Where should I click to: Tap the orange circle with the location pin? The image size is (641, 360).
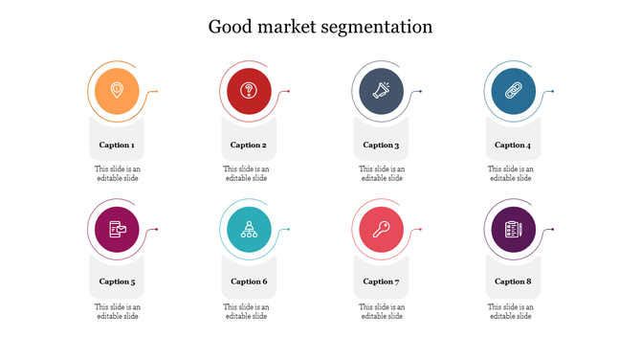coord(117,92)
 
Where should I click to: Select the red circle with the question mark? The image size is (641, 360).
coord(249,92)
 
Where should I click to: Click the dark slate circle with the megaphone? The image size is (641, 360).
coord(381,92)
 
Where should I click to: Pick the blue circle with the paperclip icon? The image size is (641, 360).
coord(512,92)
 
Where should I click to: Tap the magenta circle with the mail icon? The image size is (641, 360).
coord(117,229)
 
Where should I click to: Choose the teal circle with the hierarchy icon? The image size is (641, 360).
coord(249,229)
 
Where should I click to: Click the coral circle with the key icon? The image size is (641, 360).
coord(381,229)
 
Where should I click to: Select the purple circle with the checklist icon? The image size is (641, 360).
coord(512,229)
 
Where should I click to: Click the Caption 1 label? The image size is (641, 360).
coord(117,146)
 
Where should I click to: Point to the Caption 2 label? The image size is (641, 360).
coord(249,146)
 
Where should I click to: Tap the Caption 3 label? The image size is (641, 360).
coord(381,146)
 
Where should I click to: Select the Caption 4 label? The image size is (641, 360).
coord(512,146)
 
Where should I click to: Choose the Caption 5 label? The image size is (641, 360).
coord(117,281)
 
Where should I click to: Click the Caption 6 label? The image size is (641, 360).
coord(249,281)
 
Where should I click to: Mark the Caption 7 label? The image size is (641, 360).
coord(381,281)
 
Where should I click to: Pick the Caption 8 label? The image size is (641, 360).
coord(512,281)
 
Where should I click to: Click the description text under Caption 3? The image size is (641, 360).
coord(381,173)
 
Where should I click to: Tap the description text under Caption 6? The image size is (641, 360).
coord(247,311)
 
